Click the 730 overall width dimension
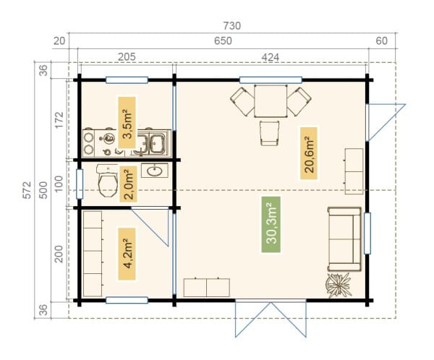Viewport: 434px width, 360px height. point(232,26)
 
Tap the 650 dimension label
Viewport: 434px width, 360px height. point(223,41)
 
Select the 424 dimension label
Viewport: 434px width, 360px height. point(271,57)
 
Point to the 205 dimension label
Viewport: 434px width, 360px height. point(127,56)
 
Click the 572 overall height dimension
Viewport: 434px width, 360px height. point(27,190)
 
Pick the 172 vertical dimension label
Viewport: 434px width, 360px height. point(59,120)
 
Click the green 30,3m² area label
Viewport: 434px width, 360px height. point(271,225)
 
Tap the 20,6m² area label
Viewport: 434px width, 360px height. point(309,153)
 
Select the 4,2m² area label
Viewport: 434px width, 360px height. point(127,254)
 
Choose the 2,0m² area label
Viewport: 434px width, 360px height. point(129,184)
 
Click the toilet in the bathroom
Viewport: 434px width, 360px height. point(108,181)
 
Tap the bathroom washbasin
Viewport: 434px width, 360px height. point(155,170)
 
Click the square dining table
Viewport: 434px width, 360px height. point(271,101)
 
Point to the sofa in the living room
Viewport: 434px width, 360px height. point(344,239)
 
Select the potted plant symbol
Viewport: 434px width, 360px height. point(339,285)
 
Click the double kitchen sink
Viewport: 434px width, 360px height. point(151,143)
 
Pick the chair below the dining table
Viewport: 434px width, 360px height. point(269,134)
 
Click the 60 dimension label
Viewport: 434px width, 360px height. point(381,41)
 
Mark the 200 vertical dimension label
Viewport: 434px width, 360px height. point(59,254)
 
